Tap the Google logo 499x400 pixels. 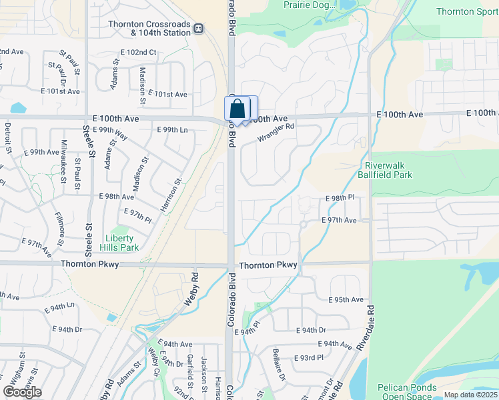click(x=22, y=392)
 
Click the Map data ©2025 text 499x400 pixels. click(x=470, y=395)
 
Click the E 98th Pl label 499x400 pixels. click(x=340, y=199)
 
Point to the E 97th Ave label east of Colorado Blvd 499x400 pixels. click(x=339, y=220)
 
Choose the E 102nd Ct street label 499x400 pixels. click(x=138, y=52)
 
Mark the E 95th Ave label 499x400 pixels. click(x=346, y=299)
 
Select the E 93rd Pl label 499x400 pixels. click(x=309, y=358)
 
